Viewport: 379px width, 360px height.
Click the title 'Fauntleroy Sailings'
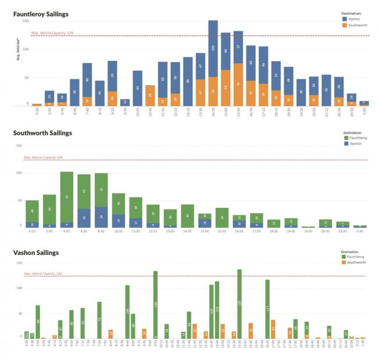point(40,13)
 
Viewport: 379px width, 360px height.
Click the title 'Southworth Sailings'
point(42,133)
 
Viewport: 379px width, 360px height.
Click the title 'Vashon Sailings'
point(36,253)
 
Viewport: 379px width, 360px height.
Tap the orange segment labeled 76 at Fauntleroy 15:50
point(238,84)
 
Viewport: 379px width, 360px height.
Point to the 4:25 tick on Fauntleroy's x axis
point(37,113)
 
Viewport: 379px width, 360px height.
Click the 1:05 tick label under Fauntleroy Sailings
point(364,113)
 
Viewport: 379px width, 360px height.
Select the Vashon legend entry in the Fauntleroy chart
point(353,19)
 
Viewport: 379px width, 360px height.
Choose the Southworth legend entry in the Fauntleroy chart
point(357,25)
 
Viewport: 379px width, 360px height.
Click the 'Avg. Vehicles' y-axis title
point(19,50)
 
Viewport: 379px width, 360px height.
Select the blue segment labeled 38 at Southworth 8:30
point(101,216)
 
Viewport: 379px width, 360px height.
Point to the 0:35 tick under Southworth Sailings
point(360,232)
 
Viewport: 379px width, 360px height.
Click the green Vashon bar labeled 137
point(239,303)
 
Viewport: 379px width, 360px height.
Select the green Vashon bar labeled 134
point(156,304)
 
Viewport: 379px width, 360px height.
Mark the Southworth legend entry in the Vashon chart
point(357,262)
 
